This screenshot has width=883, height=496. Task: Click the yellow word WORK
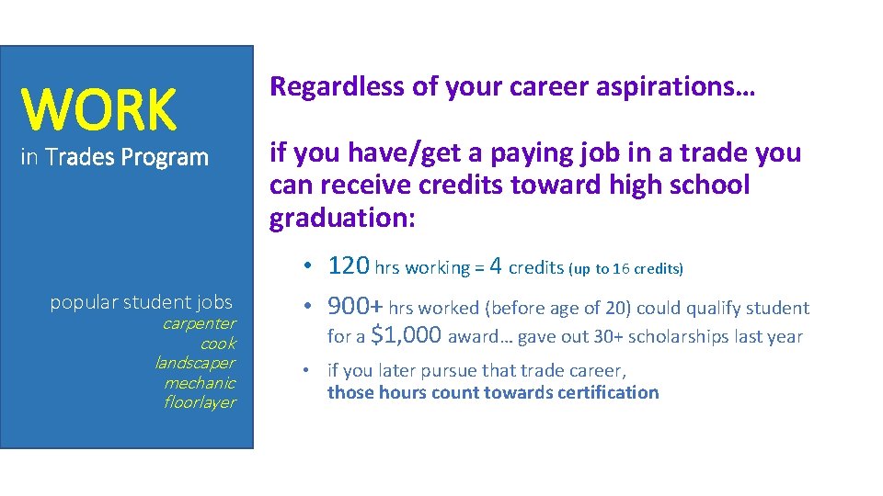(x=98, y=109)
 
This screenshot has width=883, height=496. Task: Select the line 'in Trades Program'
(x=115, y=157)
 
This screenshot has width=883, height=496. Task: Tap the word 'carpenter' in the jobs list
(x=199, y=323)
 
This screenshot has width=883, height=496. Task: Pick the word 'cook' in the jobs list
(x=218, y=344)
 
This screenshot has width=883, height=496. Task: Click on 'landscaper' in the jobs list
(x=195, y=363)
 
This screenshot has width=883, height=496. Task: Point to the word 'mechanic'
(x=200, y=383)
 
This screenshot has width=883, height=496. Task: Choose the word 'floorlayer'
(x=200, y=402)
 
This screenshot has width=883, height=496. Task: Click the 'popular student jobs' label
(x=141, y=302)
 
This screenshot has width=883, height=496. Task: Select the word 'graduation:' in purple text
(x=343, y=218)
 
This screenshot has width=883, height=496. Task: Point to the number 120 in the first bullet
(x=349, y=266)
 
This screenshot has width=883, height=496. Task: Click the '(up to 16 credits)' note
(x=625, y=268)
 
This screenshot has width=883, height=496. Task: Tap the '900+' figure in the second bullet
(x=356, y=307)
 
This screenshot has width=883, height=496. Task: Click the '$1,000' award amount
(x=406, y=335)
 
